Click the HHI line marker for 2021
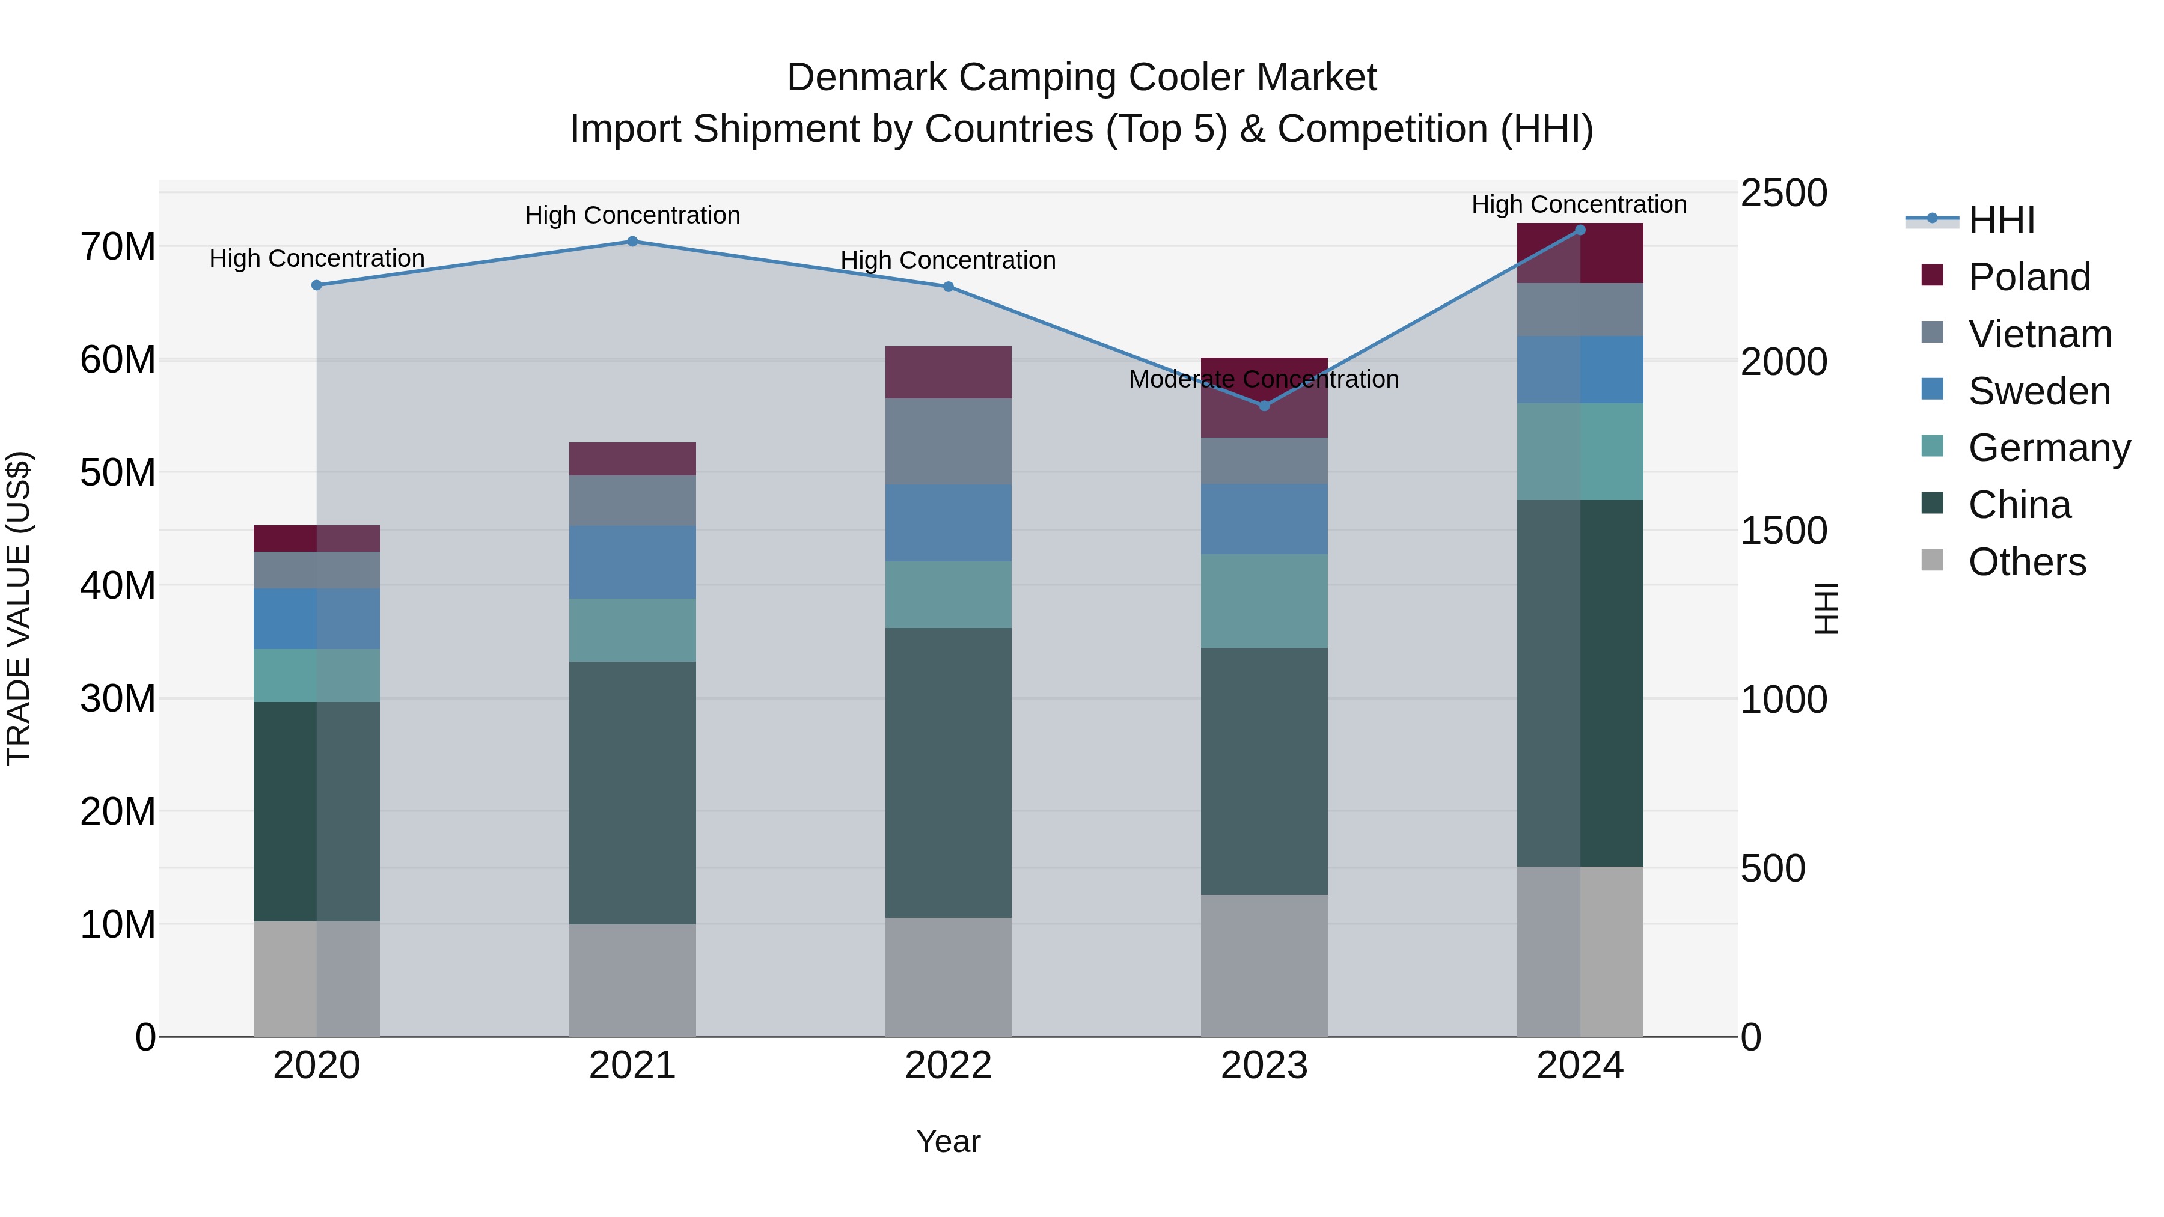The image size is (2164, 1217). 632,242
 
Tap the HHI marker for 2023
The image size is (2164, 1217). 1264,406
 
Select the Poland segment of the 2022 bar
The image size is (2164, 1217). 949,372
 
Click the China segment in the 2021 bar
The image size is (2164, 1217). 632,793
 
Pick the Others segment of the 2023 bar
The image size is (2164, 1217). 1264,965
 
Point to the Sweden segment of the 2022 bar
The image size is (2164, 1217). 949,522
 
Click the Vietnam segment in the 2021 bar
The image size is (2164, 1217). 632,501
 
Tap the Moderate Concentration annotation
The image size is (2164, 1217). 1264,380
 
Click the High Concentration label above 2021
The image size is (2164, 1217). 632,216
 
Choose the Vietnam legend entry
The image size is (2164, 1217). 2040,334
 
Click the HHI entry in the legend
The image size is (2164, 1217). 2001,220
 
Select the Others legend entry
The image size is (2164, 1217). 2026,562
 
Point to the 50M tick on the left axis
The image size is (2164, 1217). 118,473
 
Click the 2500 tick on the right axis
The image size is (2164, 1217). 1783,193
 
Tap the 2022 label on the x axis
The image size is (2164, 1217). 949,1066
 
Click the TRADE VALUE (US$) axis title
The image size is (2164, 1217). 19,608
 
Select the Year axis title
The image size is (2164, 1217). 949,1141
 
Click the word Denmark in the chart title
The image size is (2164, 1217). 865,78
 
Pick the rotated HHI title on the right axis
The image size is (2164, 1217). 1826,608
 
